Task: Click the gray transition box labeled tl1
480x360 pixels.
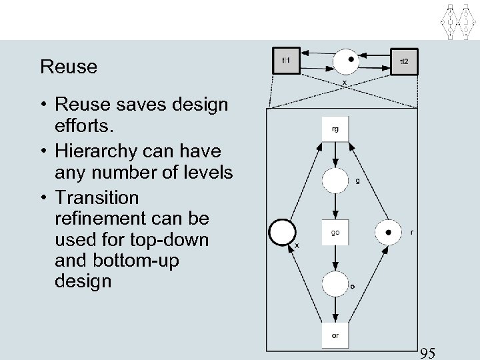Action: click(287, 61)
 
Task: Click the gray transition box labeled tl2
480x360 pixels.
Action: click(403, 61)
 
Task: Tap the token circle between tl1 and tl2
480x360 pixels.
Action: click(347, 61)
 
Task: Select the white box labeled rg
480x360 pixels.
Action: click(335, 129)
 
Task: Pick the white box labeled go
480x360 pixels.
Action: click(335, 233)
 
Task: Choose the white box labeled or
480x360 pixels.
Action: click(335, 335)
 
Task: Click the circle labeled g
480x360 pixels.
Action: click(335, 181)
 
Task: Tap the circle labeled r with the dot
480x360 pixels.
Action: click(388, 233)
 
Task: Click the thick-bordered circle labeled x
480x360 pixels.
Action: click(282, 233)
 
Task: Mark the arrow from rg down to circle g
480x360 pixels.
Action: click(335, 155)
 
